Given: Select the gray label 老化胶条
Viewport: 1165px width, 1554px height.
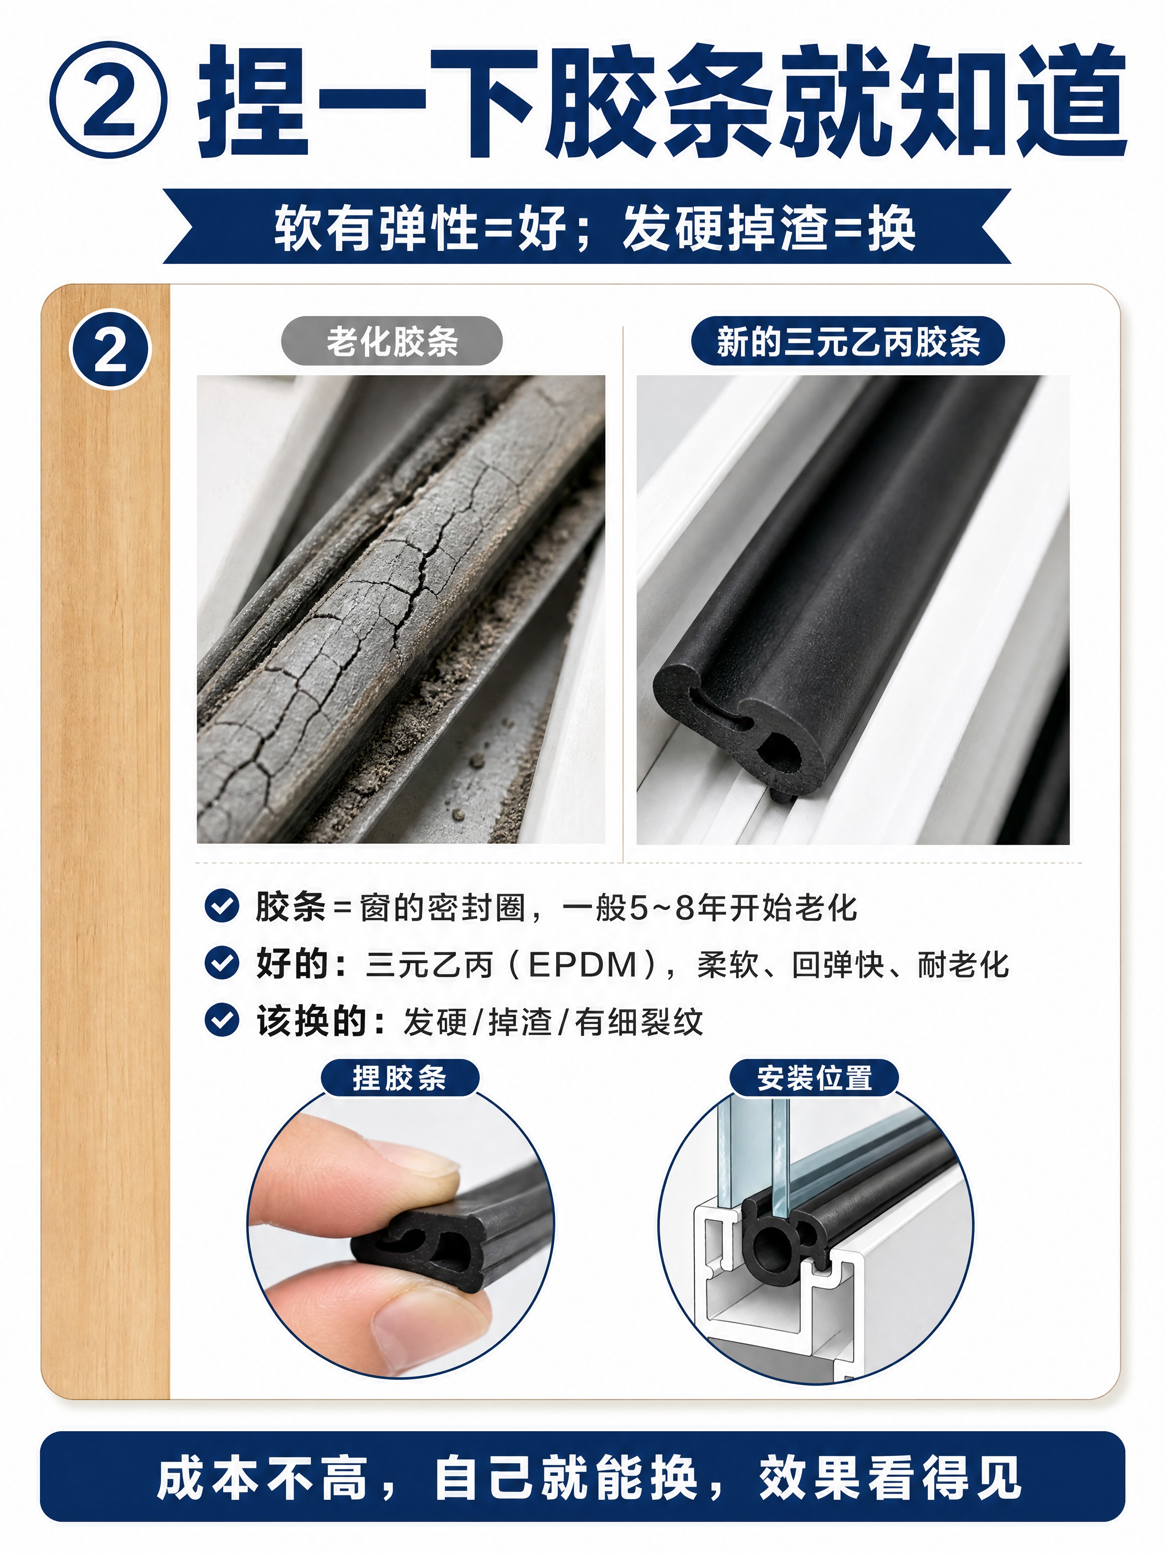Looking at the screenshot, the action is pos(392,341).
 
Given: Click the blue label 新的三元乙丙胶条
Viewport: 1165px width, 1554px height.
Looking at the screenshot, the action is pos(848,341).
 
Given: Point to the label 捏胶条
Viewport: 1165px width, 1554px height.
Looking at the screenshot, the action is pos(400,1078).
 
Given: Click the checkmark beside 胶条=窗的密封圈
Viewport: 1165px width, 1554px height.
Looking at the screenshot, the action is pos(222,906).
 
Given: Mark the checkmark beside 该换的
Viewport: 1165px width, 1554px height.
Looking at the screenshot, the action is pos(222,1020).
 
